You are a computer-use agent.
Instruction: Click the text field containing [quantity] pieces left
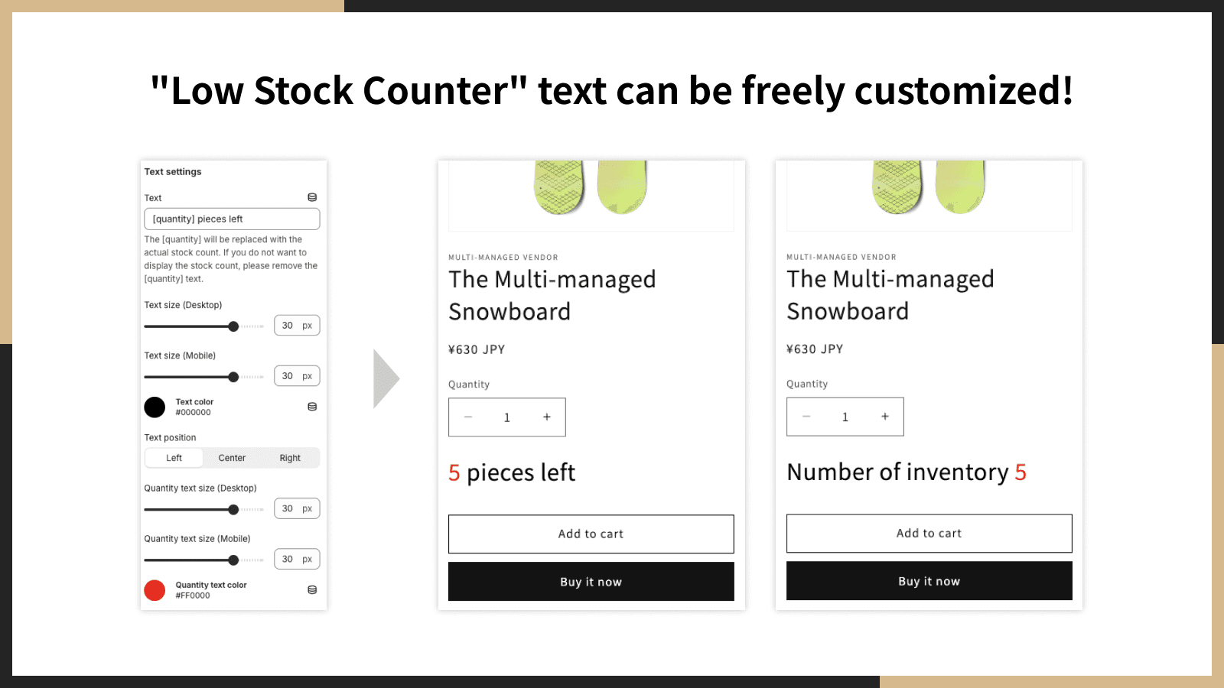[232, 219]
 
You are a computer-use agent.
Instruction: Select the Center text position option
[232, 458]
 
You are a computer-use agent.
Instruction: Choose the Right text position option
[290, 458]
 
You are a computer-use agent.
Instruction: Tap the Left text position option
[174, 458]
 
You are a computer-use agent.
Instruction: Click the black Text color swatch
[155, 407]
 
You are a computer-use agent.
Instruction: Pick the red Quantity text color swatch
[155, 590]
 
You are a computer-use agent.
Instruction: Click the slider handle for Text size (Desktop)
[233, 326]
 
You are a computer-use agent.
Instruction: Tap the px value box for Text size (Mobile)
[297, 375]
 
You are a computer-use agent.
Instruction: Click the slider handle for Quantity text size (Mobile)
[233, 560]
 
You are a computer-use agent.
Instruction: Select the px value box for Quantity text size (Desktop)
[297, 508]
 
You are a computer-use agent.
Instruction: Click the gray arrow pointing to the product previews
[386, 379]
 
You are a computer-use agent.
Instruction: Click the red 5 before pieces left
[454, 473]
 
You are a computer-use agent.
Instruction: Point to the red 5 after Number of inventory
[1021, 472]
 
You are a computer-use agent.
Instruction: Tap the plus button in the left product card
[546, 417]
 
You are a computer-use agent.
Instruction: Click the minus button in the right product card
[806, 417]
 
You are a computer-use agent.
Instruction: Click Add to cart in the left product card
[591, 534]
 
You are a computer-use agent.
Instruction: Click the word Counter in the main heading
[435, 91]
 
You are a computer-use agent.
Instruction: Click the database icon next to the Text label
[312, 197]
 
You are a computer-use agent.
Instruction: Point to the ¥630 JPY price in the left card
[477, 349]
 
